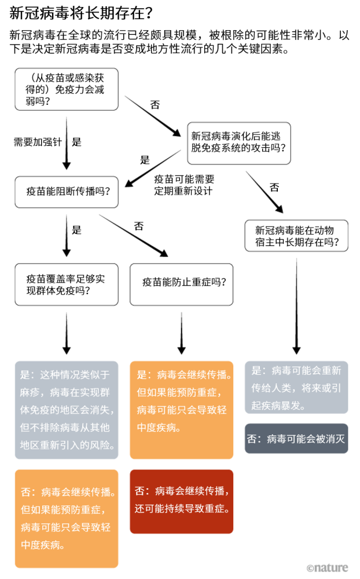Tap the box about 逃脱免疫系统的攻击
click(x=238, y=142)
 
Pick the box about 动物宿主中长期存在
click(x=296, y=236)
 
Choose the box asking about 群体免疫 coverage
click(x=67, y=284)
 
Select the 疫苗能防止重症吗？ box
click(x=181, y=284)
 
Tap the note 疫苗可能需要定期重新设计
click(x=183, y=185)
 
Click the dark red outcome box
click(x=181, y=501)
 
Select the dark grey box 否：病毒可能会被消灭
click(x=296, y=438)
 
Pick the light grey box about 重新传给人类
click(x=296, y=387)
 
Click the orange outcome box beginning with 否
click(x=67, y=518)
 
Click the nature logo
click(x=327, y=568)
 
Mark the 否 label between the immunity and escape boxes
click(x=155, y=105)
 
